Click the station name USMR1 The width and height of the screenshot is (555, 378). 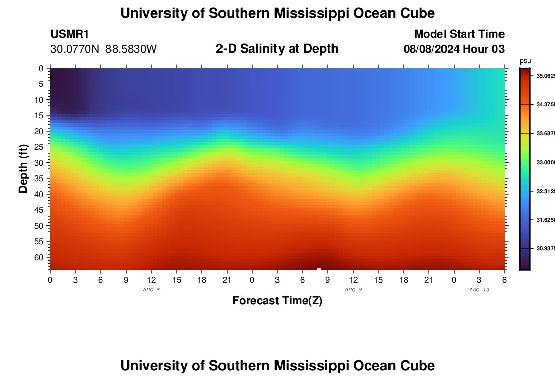coord(70,34)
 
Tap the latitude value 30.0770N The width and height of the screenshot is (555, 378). coord(76,49)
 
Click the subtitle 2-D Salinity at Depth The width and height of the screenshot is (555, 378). coord(277,49)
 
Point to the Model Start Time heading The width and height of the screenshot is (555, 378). coord(459,34)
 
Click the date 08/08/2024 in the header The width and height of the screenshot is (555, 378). coord(433,49)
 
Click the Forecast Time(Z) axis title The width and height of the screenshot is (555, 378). coord(277,301)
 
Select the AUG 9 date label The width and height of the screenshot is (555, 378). coord(353,290)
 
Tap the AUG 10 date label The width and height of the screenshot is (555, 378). coord(479,290)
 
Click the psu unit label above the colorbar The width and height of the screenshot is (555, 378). coord(525,61)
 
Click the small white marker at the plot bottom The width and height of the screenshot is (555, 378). coord(319,269)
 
